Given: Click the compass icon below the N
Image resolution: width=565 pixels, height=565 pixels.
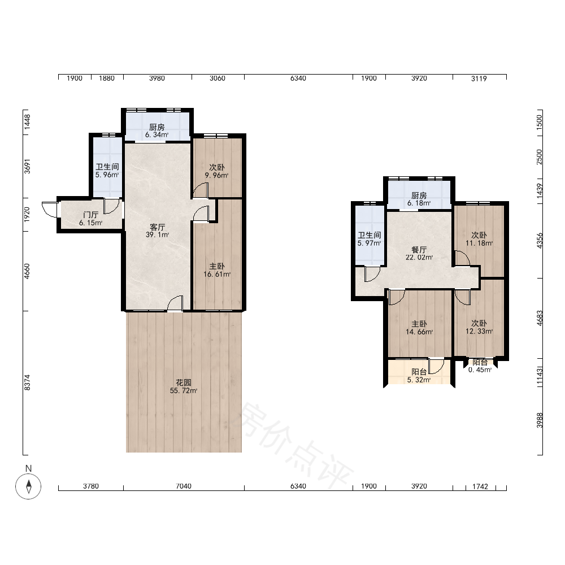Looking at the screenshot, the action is point(28,486).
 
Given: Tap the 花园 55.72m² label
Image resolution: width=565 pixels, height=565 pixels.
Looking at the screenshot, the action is point(184,386).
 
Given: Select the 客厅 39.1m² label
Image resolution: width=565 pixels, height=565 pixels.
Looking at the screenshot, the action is point(158,231).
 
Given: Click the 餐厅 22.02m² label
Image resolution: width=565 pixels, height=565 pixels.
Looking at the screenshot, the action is point(419,253).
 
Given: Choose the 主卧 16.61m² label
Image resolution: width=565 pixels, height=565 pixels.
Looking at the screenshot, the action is point(217,270).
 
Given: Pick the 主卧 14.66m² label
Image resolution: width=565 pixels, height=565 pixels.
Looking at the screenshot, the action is point(419,328).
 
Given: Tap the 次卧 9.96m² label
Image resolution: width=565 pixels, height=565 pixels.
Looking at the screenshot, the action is point(217,171).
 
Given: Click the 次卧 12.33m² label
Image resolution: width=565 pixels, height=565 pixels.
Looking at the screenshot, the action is point(479,327).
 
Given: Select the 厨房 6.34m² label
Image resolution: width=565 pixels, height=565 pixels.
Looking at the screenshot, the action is point(157,131).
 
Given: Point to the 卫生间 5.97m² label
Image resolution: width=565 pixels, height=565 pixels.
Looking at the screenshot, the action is point(370,239).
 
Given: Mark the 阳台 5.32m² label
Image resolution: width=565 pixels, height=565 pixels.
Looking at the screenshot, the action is point(419,376).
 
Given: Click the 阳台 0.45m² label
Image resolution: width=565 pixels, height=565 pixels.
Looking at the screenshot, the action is point(480,366).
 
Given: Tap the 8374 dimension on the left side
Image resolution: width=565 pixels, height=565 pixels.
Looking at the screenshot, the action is point(27,383).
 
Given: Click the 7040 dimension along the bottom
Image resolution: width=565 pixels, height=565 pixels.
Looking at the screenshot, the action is point(184,486).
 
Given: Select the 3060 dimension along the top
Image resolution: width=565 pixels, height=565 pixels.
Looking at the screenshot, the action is point(218,78).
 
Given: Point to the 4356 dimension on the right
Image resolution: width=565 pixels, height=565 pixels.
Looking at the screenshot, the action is point(540,241).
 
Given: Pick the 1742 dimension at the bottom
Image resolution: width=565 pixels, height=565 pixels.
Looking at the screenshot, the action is point(480,486).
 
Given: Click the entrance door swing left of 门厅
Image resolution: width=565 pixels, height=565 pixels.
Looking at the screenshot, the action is point(50,210).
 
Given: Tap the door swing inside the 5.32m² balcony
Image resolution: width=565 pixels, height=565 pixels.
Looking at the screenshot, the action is point(436,366).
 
